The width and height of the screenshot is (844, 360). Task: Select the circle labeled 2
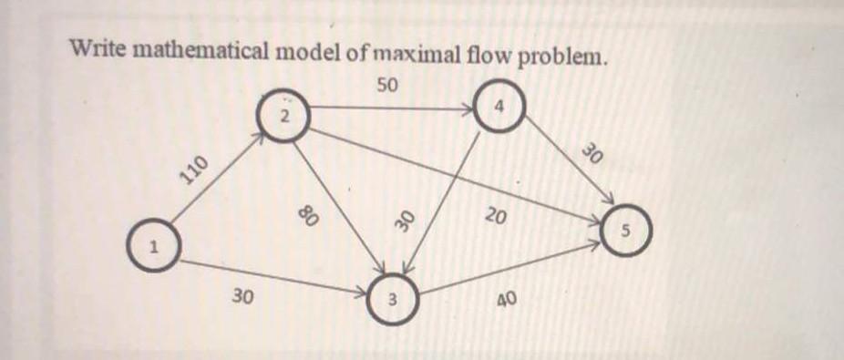pos(283,116)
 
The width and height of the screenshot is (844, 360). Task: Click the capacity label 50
pos(386,85)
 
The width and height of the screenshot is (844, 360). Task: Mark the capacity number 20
pos(496,216)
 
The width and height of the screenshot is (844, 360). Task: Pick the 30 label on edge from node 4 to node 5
pos(592,155)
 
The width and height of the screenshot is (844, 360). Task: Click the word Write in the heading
pos(98,47)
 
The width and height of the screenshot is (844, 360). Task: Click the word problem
pos(564,57)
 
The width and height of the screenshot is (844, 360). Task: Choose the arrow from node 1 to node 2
pos(219,178)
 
